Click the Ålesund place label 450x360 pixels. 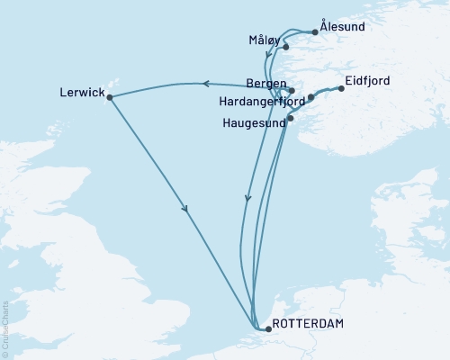[343, 27]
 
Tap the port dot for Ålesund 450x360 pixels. [314, 33]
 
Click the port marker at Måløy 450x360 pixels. [285, 46]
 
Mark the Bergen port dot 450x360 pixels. [292, 90]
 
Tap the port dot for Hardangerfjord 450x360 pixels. [310, 97]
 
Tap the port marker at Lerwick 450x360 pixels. [110, 97]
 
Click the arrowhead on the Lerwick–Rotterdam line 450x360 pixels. [185, 210]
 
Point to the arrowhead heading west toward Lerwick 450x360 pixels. [204, 84]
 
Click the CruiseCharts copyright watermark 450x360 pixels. [6, 328]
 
